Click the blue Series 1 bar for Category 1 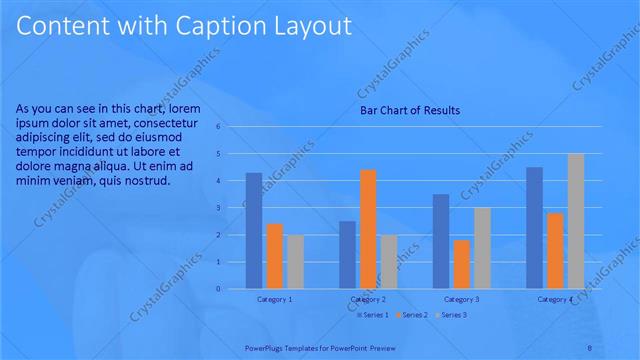(254, 231)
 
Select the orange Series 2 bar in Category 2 (368, 229)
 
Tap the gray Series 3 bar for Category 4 (575, 221)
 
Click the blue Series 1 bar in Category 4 (534, 228)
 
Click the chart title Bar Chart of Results (410, 110)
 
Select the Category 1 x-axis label (274, 299)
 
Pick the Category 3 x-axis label (461, 299)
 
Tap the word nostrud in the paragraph (146, 181)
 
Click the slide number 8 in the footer (590, 347)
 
